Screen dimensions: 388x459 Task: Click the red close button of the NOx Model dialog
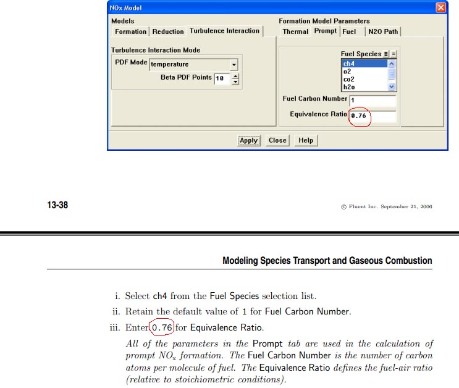[x=440, y=7]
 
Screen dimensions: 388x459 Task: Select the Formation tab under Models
[x=130, y=32]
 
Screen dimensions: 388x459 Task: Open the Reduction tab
[x=168, y=32]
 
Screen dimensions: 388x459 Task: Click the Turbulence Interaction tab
[x=225, y=31]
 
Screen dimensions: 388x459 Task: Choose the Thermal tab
[x=295, y=32]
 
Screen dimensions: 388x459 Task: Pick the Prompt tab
[x=326, y=31]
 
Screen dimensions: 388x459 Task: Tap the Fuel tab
[x=349, y=32]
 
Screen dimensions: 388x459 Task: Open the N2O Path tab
[x=383, y=32]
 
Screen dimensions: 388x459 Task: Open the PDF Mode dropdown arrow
[x=234, y=64]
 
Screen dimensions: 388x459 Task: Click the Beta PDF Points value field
[x=221, y=78]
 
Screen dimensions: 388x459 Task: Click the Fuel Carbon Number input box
[x=373, y=100]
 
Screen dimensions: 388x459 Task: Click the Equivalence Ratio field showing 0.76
[x=373, y=116]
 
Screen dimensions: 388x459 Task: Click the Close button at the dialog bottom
[x=277, y=140]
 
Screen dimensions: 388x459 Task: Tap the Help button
[x=306, y=140]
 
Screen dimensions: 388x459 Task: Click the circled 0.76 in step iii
[x=162, y=327]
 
